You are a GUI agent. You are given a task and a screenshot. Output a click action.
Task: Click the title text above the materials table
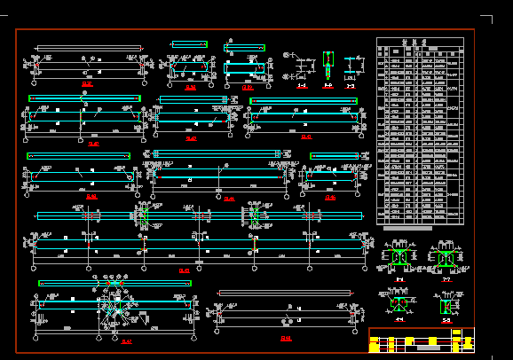coord(420,41)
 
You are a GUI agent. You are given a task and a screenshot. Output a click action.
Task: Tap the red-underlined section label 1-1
coord(302,86)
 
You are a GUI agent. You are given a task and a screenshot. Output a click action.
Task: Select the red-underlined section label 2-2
coord(328,86)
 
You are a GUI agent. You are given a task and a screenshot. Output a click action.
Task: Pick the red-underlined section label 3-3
coord(351,86)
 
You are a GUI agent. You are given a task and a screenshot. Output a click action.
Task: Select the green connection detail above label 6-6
coord(399,258)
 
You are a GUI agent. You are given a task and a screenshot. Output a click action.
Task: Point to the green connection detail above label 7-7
coord(445,258)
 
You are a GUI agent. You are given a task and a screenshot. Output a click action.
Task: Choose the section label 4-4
coord(399,320)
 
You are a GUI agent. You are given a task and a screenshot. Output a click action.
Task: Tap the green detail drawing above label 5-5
coord(445,305)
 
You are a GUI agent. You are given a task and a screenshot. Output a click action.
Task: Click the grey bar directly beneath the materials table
coord(406,229)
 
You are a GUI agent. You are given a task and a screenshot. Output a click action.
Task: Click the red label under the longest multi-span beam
coord(185,270)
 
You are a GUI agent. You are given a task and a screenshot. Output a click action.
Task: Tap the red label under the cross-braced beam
coord(126,341)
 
